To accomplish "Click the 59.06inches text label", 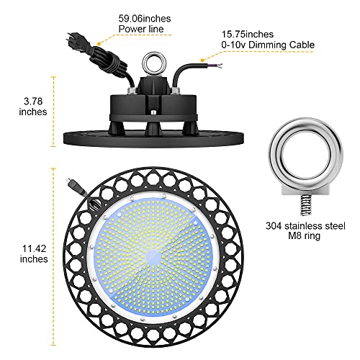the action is pyautogui.click(x=145, y=19).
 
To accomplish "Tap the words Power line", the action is pyautogui.click(x=141, y=29).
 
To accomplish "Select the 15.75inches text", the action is pyautogui.click(x=247, y=35).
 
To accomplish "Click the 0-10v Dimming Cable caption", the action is pyautogui.click(x=268, y=45).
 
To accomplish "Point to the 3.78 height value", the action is pyautogui.click(x=33, y=101).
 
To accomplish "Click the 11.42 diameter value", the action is pyautogui.click(x=34, y=248).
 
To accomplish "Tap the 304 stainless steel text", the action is pyautogui.click(x=305, y=226).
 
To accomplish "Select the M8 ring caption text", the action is pyautogui.click(x=304, y=235).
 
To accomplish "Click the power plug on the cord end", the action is pyautogui.click(x=73, y=39).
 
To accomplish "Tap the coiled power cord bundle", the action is pyautogui.click(x=106, y=60).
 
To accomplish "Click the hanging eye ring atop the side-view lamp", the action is pyautogui.click(x=153, y=63).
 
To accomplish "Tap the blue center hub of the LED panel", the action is pyautogui.click(x=153, y=256).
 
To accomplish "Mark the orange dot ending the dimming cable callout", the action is pyautogui.click(x=202, y=60).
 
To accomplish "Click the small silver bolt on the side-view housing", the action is pyautogui.click(x=152, y=112).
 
